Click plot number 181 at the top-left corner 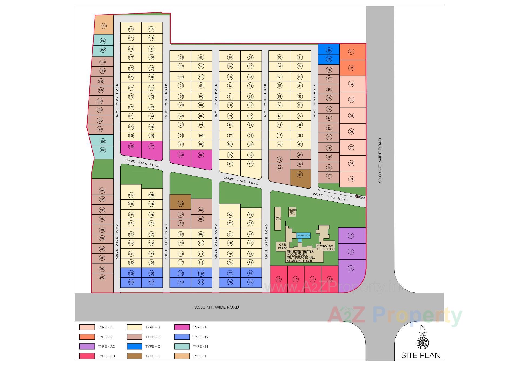coord(103,26)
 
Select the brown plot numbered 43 coord(300,175)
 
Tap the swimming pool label coord(303,236)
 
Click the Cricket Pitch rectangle coord(278,219)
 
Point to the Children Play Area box coord(292,212)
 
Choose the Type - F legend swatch coord(182,327)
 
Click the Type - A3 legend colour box coord(87,356)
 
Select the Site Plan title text coord(421,355)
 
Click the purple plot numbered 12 coord(351,269)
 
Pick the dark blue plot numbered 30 coord(329,50)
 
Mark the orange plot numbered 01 coord(351,52)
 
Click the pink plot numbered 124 coord(181,155)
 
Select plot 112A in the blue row coord(201,273)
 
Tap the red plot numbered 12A coord(330,279)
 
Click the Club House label coord(283,246)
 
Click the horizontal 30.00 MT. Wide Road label coord(217,307)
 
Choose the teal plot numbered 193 coord(103,150)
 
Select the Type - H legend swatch coord(182,346)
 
